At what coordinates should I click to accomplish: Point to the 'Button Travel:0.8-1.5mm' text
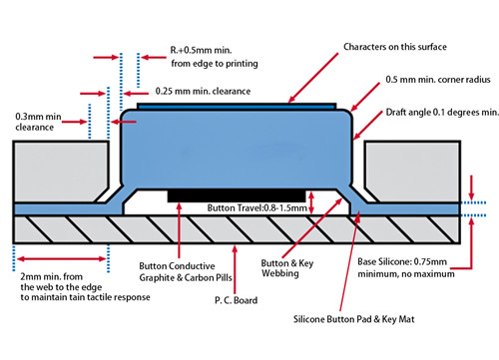(x=255, y=208)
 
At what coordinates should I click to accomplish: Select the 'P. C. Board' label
(x=238, y=298)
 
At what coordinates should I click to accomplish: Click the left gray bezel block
(x=60, y=170)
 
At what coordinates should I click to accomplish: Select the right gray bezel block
(x=411, y=170)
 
